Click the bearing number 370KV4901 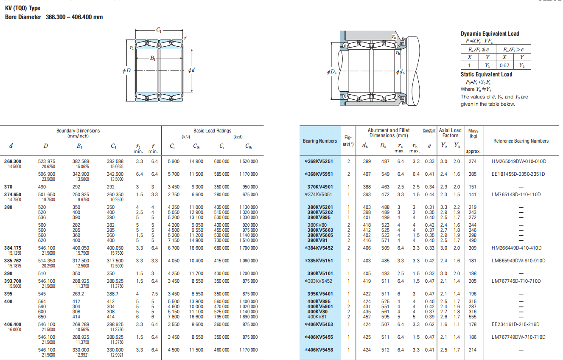pyautogui.click(x=320, y=187)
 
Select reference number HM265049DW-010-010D pyautogui.click(x=519, y=161)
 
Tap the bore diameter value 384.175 pyautogui.click(x=13, y=248)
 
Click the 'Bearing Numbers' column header pyautogui.click(x=320, y=141)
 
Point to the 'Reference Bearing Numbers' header pyautogui.click(x=521, y=141)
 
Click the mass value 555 pyautogui.click(x=473, y=317)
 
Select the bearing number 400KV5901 pyautogui.click(x=320, y=307)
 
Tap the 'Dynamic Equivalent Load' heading pyautogui.click(x=490, y=34)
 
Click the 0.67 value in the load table pyautogui.click(x=504, y=65)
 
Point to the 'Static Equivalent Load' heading pyautogui.click(x=486, y=74)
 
